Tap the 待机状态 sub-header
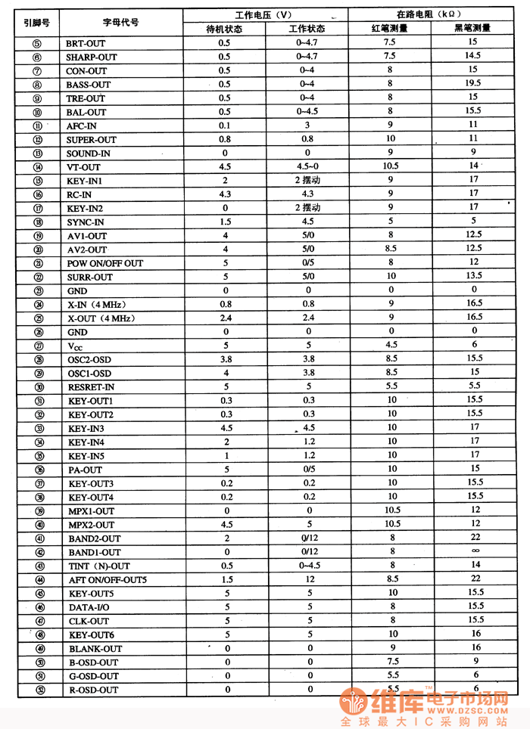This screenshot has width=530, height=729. click(x=224, y=29)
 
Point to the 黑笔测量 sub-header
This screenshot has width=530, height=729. click(x=472, y=29)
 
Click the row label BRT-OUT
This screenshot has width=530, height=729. click(x=86, y=43)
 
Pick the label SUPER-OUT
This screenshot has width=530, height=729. click(x=91, y=140)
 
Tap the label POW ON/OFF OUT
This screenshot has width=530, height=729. click(x=104, y=263)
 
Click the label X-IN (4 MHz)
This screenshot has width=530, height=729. click(x=101, y=305)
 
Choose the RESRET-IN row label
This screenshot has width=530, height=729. click(x=92, y=387)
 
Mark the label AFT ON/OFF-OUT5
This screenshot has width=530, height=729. click(x=108, y=579)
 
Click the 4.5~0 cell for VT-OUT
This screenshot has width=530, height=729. click(x=308, y=166)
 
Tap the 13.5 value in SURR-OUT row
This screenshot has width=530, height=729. click(x=474, y=276)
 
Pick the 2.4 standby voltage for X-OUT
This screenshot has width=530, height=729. click(x=225, y=318)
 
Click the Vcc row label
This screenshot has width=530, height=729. click(x=75, y=346)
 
